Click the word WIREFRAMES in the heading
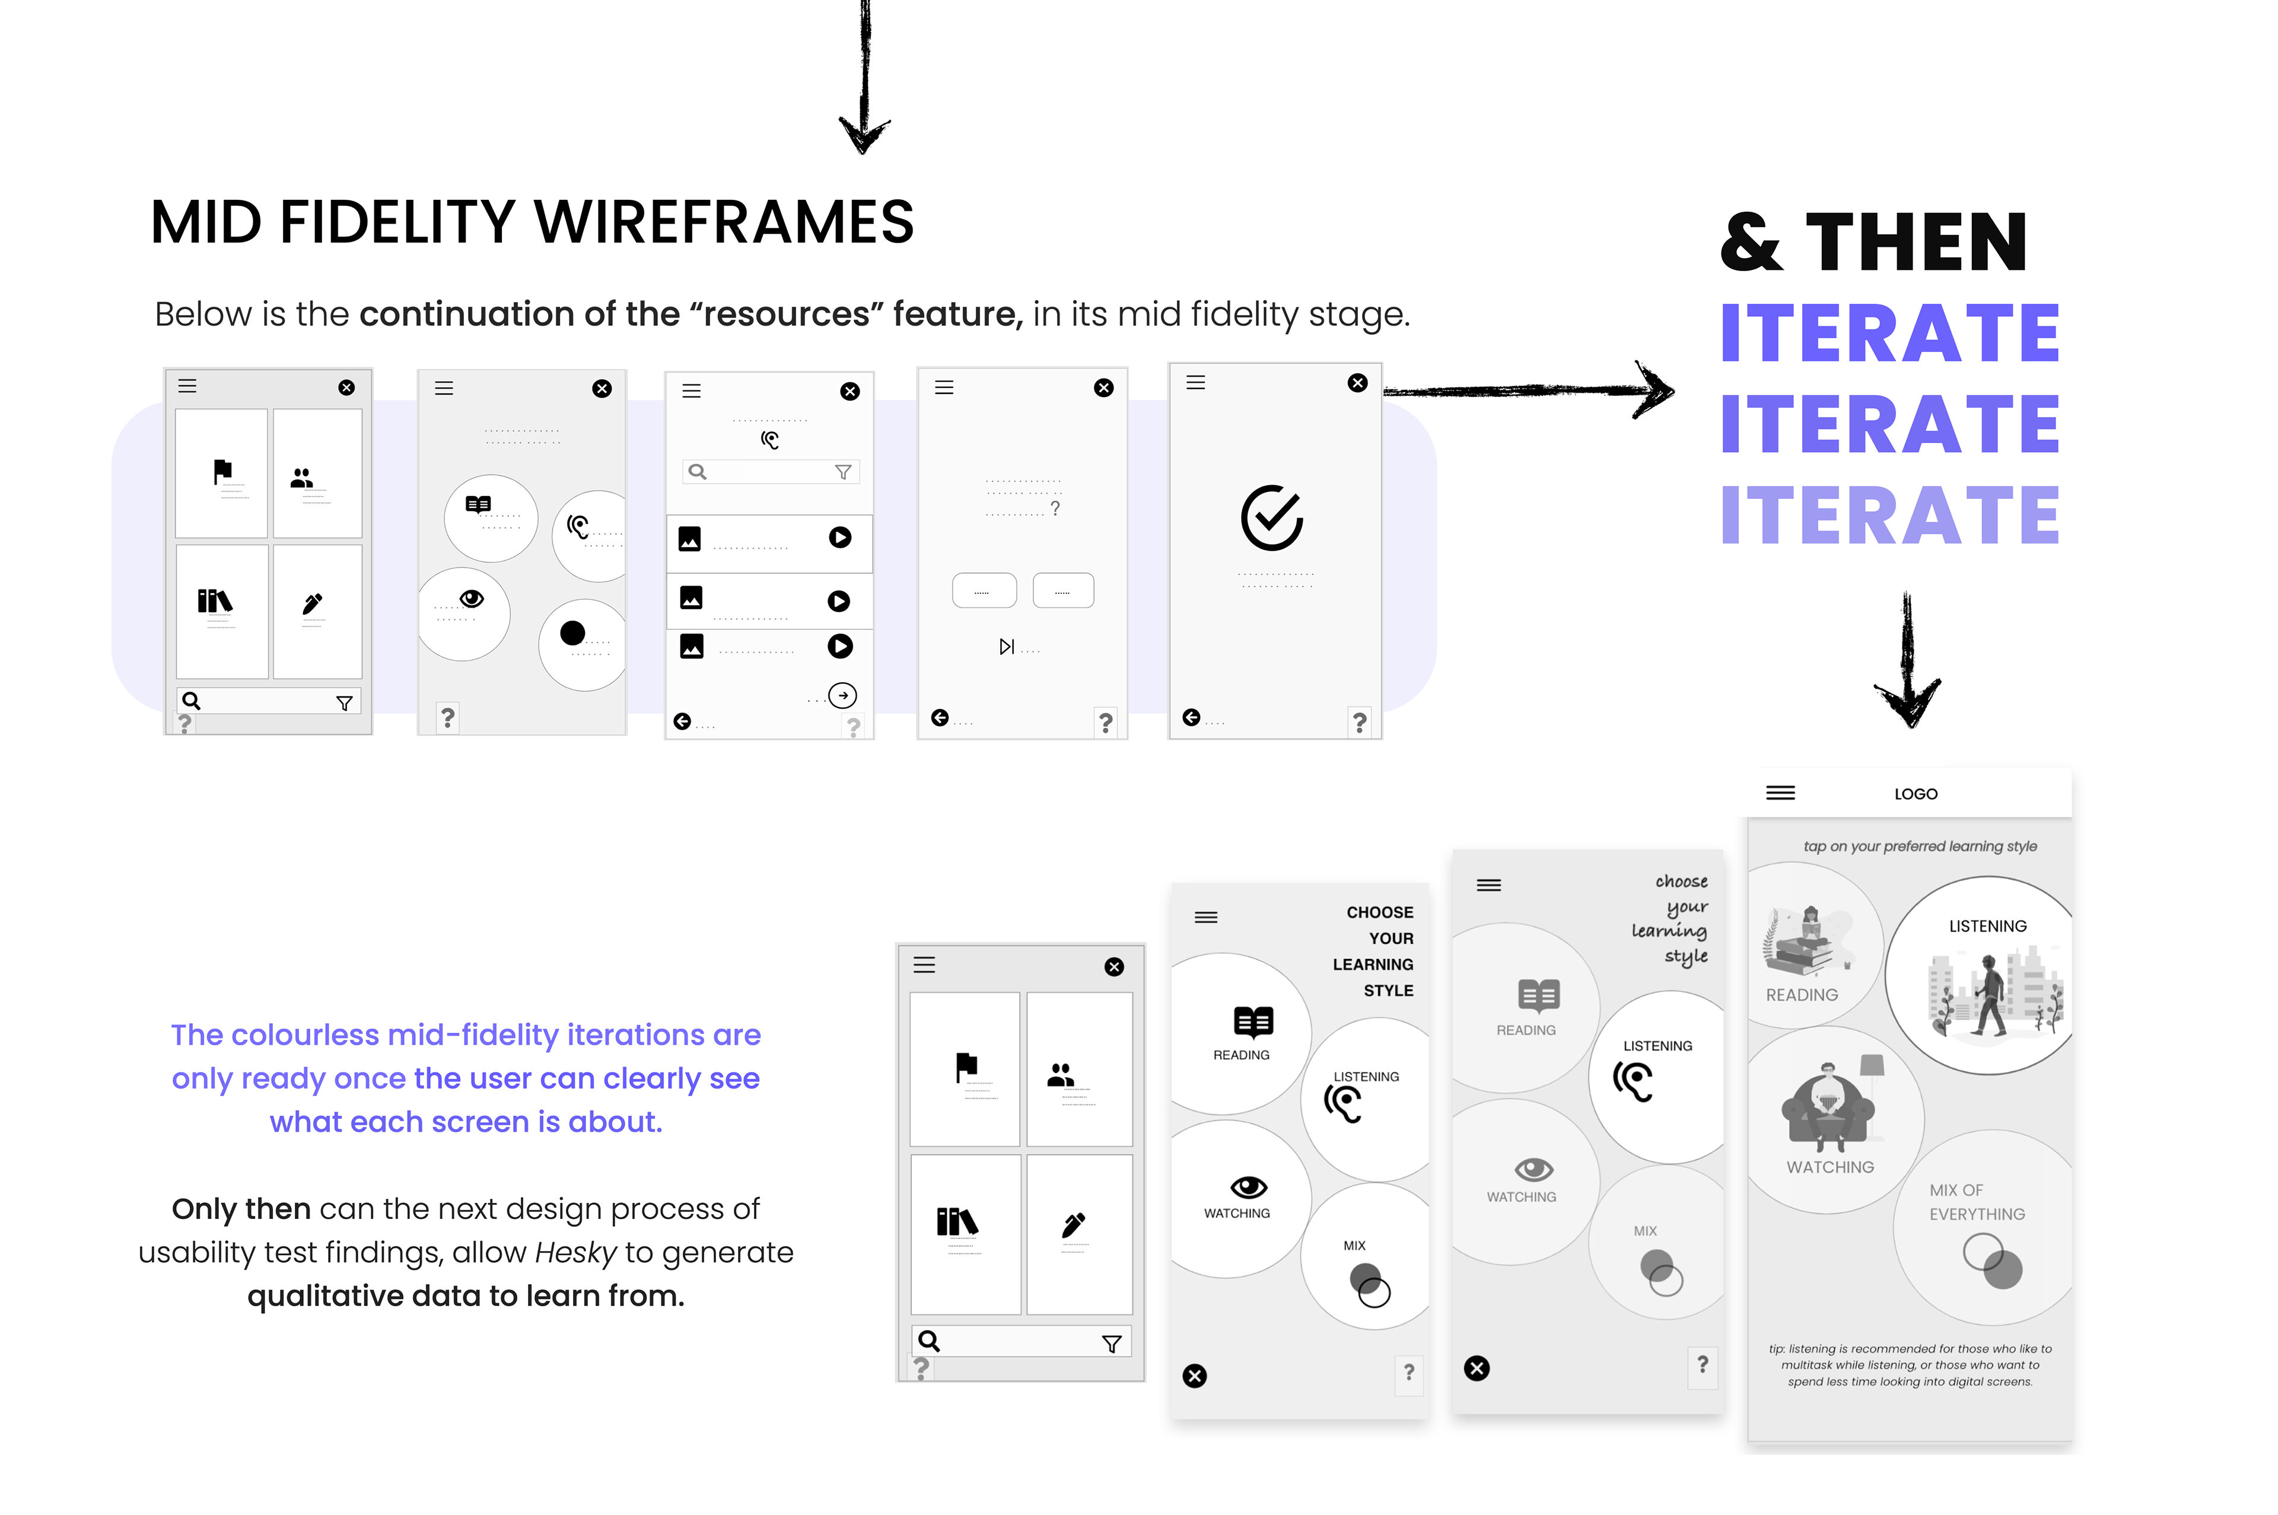tap(724, 222)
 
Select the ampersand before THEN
tap(1751, 243)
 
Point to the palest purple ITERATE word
tap(1889, 515)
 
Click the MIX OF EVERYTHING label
tap(1977, 1202)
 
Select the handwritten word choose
tap(1681, 881)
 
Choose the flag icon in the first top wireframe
tap(222, 470)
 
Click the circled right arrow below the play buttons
tap(842, 696)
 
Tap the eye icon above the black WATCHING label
tap(1248, 1186)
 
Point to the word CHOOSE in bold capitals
tap(1379, 912)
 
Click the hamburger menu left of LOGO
tap(1780, 793)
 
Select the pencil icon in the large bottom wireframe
tap(1073, 1225)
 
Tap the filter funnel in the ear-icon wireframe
tap(842, 472)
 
